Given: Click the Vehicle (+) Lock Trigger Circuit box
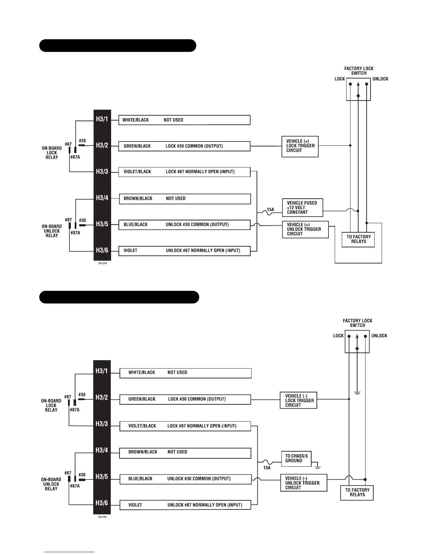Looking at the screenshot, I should pyautogui.click(x=300, y=146).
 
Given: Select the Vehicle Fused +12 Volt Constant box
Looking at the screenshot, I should pyautogui.click(x=302, y=207).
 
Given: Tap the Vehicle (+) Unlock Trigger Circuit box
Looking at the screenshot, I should pyautogui.click(x=305, y=229).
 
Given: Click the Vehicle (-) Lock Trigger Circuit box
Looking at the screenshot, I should pyautogui.click(x=299, y=400).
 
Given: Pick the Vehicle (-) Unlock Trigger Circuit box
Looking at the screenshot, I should pyautogui.click(x=304, y=482).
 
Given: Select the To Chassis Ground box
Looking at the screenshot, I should pyautogui.click(x=296, y=458).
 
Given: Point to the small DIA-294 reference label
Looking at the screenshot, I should pyautogui.click(x=102, y=263).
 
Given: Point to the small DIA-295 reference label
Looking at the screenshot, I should pyautogui.click(x=102, y=517).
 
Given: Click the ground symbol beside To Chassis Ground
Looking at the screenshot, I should pyautogui.click(x=318, y=467).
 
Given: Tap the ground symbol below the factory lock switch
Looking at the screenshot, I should pyautogui.click(x=357, y=393).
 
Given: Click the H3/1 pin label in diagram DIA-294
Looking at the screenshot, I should pyautogui.click(x=102, y=119).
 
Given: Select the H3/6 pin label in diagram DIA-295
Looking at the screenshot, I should pyautogui.click(x=102, y=503).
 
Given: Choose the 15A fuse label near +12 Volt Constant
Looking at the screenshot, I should pyautogui.click(x=270, y=210).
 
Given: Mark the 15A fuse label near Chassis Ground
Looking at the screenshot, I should pyautogui.click(x=267, y=468).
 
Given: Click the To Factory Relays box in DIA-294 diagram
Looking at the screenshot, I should pyautogui.click(x=358, y=239).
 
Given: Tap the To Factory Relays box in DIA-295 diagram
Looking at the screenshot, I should pyautogui.click(x=357, y=492).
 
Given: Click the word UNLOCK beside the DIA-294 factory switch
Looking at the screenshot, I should pyautogui.click(x=380, y=79).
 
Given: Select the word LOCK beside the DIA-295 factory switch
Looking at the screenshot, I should pyautogui.click(x=338, y=336).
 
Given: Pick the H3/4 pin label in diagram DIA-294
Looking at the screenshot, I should pyautogui.click(x=102, y=198).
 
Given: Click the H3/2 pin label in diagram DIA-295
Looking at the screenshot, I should pyautogui.click(x=102, y=398).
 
